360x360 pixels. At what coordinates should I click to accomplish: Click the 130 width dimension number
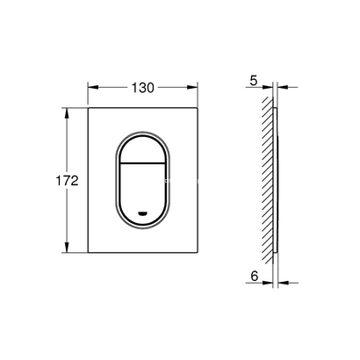tap(143, 87)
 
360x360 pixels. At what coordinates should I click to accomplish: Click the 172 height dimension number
tap(68, 181)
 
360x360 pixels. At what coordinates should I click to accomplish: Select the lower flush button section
tap(143, 193)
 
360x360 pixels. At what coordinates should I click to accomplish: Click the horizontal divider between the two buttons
tap(143, 165)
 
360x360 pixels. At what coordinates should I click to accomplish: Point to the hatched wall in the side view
tap(266, 181)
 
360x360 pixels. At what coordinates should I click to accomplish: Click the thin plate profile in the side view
tap(277, 181)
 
